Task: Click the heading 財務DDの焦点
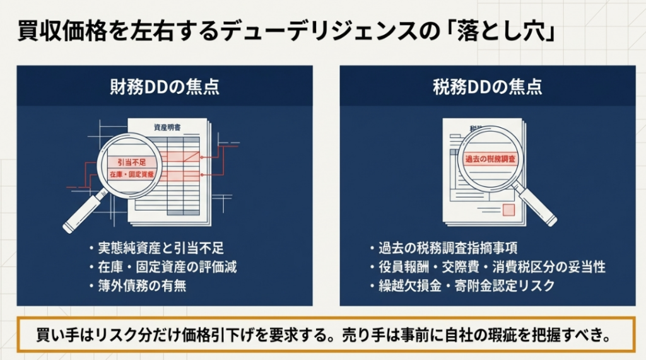click(x=165, y=87)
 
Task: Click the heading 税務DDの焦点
click(x=488, y=87)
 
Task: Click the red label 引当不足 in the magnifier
click(x=132, y=162)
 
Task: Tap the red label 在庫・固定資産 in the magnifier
click(x=132, y=175)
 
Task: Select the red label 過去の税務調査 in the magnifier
click(x=490, y=159)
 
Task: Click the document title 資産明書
click(x=167, y=127)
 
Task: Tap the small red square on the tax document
click(x=509, y=210)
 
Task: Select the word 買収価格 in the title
click(x=62, y=32)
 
